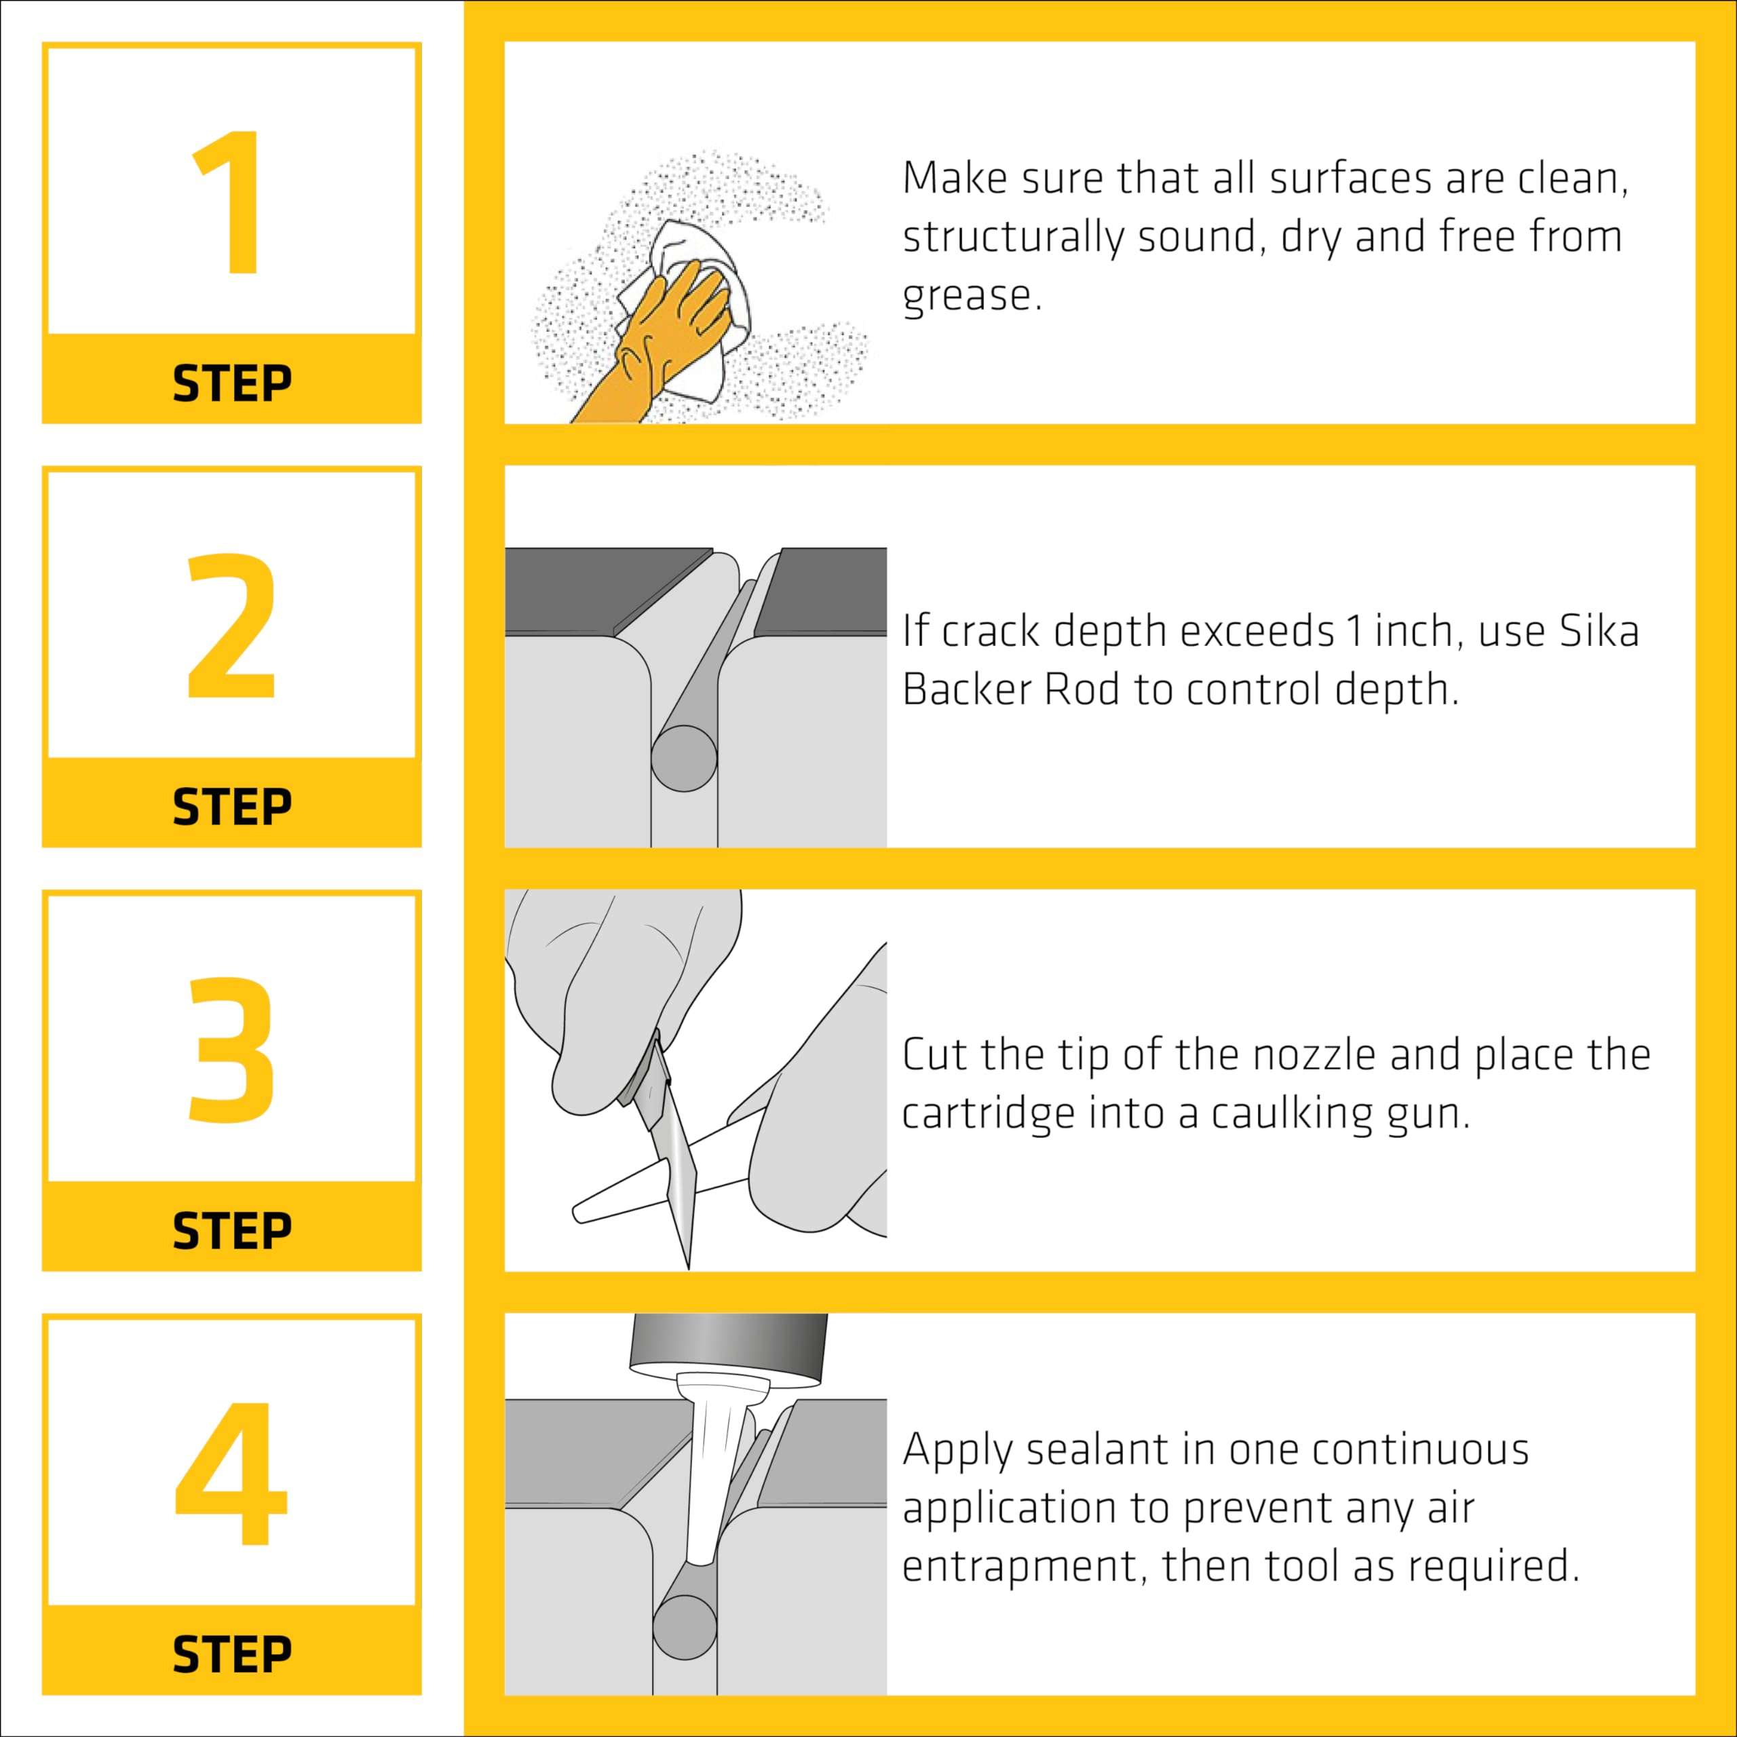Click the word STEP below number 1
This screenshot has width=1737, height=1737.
tap(232, 384)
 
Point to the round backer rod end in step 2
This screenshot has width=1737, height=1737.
tap(683, 759)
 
